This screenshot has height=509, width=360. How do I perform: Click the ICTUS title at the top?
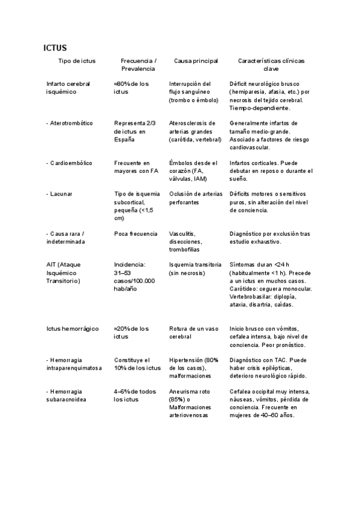[x=55, y=47]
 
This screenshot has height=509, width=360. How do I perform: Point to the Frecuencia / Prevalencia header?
[x=138, y=65]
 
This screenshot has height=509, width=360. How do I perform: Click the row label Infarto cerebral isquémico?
[x=68, y=88]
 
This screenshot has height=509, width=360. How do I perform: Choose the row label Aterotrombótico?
[x=70, y=123]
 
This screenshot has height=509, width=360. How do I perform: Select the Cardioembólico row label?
[x=69, y=163]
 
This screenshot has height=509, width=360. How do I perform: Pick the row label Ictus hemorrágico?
[x=71, y=329]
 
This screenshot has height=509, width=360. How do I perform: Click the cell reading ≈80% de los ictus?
[x=132, y=88]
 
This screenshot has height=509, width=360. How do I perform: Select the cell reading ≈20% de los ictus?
[x=132, y=333]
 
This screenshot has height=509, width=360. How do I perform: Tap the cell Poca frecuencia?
[x=136, y=233]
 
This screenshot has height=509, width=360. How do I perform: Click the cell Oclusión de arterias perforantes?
[x=196, y=198]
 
